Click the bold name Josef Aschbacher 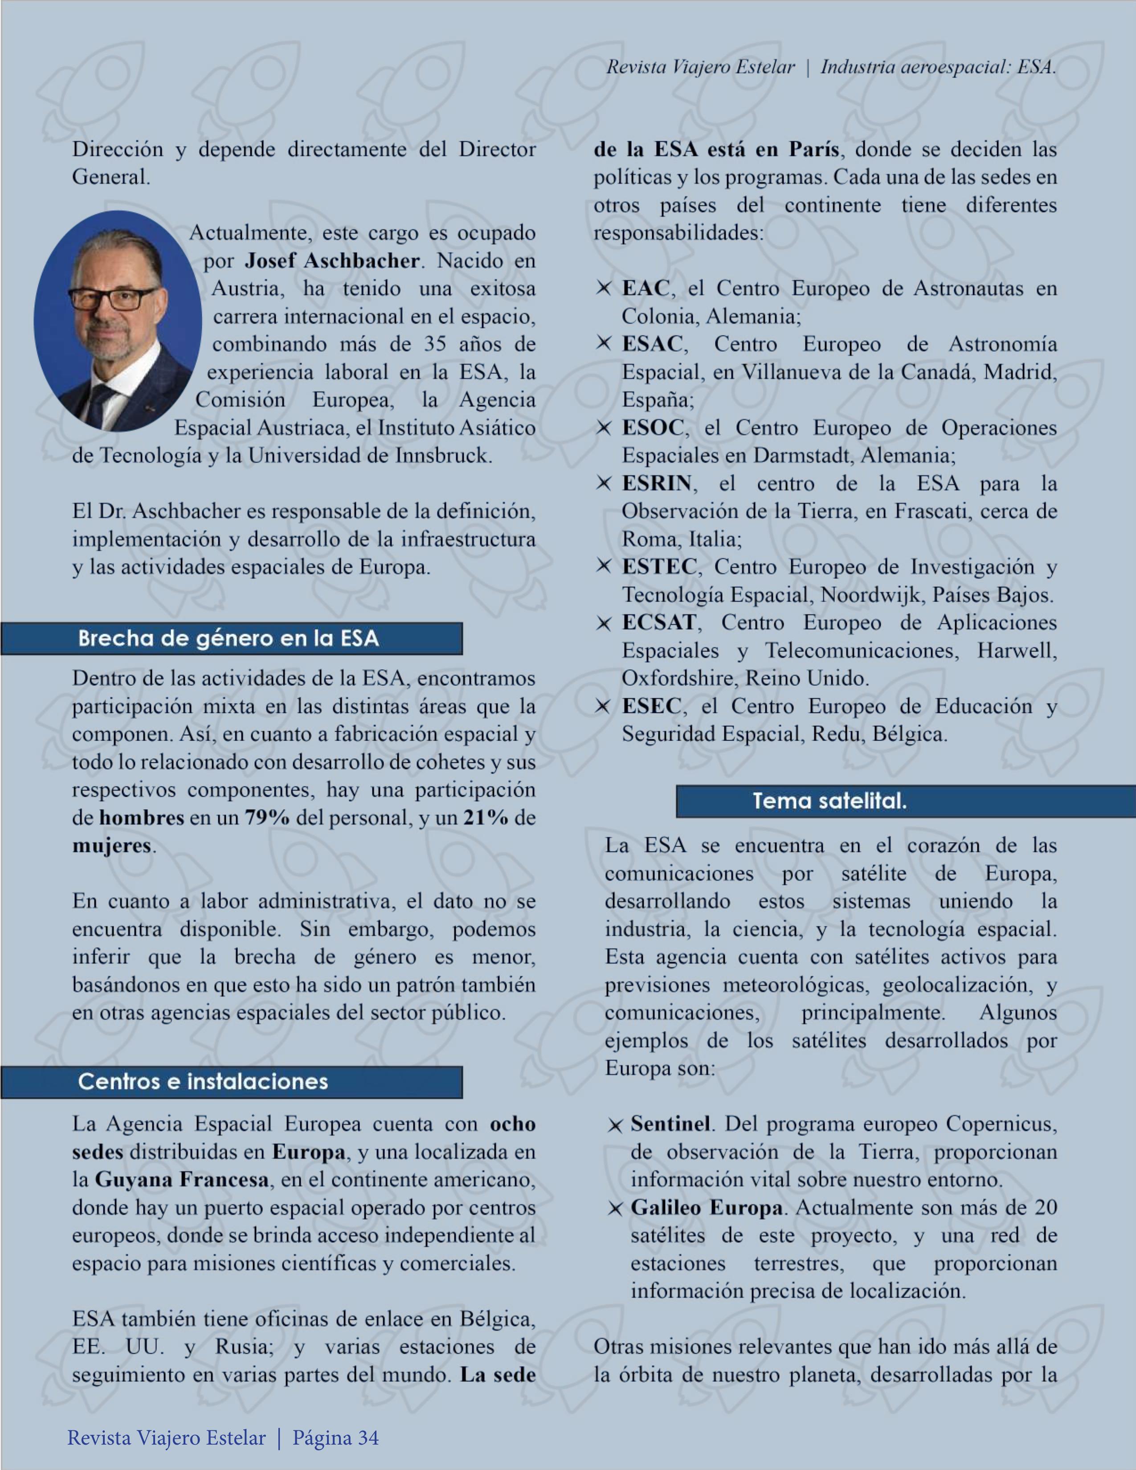click(x=332, y=261)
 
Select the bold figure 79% click(x=267, y=818)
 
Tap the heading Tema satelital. click(x=830, y=801)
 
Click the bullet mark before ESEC click(x=603, y=706)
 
